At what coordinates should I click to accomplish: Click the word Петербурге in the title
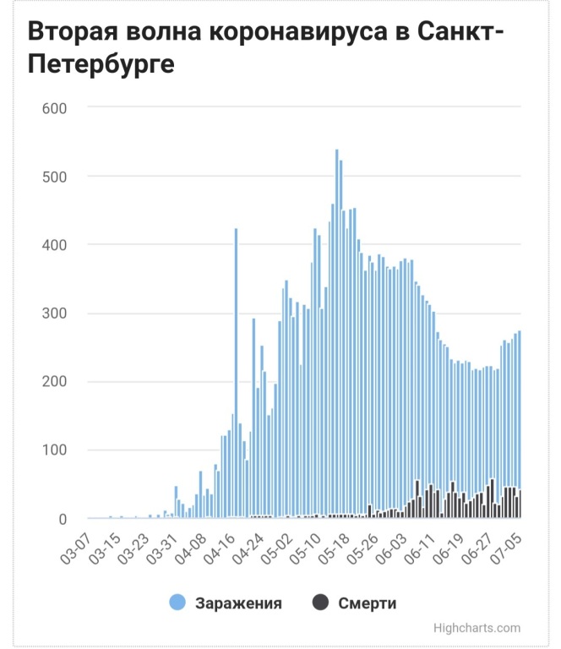[x=101, y=64]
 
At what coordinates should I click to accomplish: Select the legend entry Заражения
[x=238, y=603]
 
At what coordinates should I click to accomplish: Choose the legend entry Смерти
[x=367, y=603]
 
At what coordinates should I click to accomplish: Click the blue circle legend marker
[x=177, y=603]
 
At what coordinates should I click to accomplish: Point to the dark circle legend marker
[x=320, y=603]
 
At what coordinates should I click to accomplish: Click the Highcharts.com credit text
[x=476, y=628]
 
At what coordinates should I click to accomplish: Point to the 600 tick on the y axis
[x=54, y=108]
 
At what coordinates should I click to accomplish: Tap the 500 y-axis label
[x=54, y=177]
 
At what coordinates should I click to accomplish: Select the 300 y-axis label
[x=54, y=314]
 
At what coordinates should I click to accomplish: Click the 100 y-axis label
[x=54, y=450]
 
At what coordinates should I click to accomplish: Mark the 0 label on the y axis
[x=63, y=519]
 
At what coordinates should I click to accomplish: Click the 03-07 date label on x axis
[x=76, y=545]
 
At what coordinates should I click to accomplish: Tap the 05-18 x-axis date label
[x=336, y=545]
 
